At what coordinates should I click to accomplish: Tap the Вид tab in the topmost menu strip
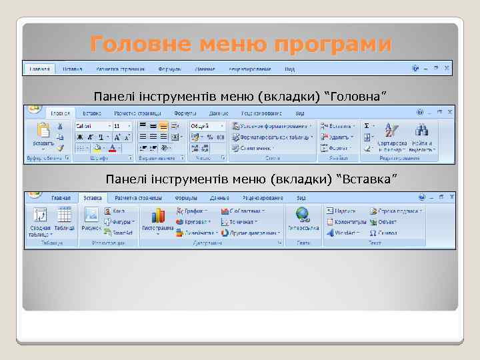click(289, 69)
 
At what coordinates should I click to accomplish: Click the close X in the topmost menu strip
click(447, 67)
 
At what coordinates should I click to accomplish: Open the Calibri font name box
click(91, 125)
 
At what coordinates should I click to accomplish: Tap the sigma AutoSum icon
click(367, 125)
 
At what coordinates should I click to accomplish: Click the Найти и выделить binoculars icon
click(421, 131)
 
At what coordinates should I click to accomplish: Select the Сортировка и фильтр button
click(393, 131)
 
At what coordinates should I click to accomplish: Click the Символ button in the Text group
click(384, 233)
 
